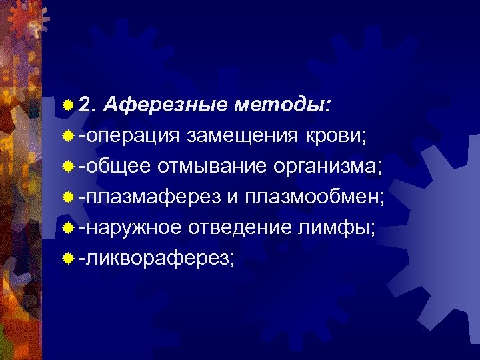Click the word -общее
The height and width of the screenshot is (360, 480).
114,166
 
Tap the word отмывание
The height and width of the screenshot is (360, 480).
213,166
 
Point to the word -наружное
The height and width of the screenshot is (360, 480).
129,228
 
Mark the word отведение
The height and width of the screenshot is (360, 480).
243,228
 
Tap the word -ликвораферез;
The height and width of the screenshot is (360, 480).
157,259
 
